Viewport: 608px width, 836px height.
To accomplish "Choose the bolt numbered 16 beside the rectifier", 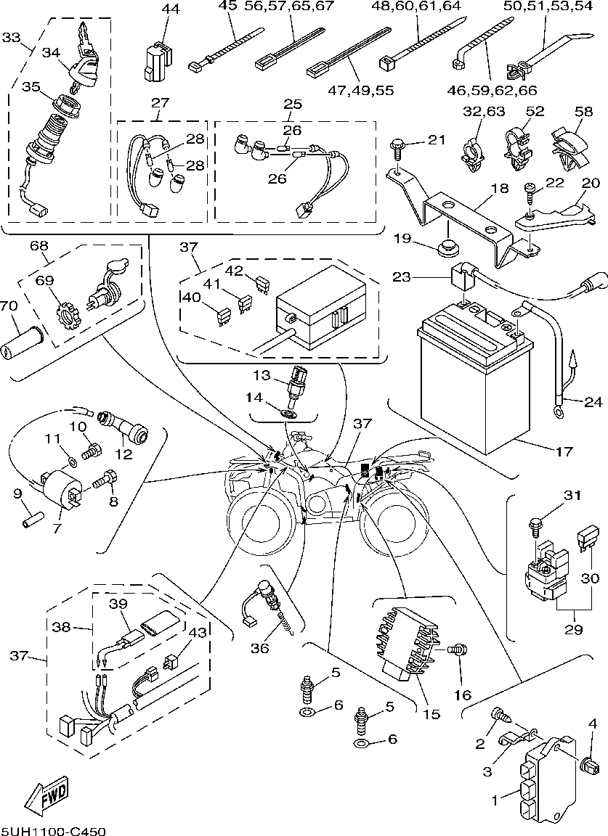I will (x=458, y=651).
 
